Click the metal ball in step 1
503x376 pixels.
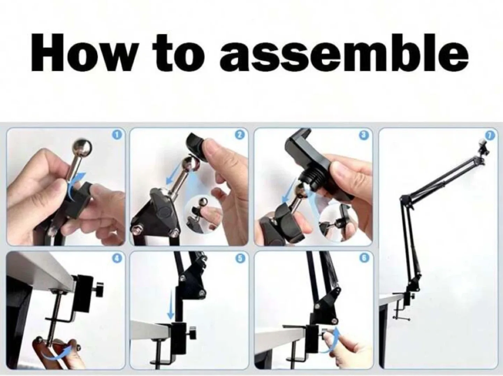tap(82, 148)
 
